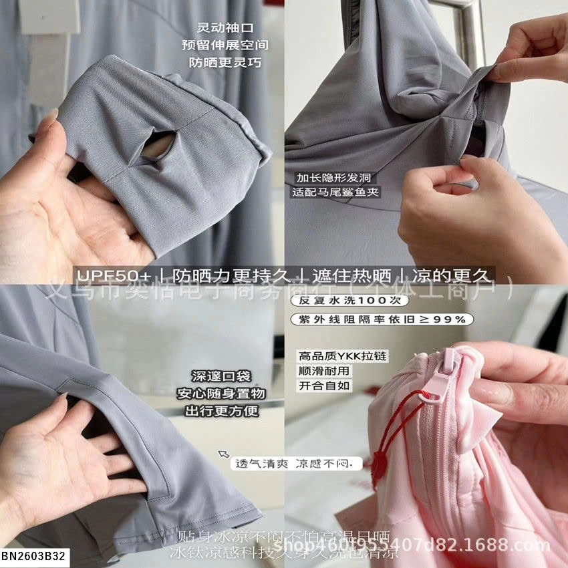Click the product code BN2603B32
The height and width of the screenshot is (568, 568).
tap(34, 555)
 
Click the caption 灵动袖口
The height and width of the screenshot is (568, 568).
tap(225, 28)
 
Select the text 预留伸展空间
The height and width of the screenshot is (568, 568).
tap(225, 45)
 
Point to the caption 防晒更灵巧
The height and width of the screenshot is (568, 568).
tap(225, 63)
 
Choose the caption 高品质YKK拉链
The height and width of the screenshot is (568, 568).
tap(342, 356)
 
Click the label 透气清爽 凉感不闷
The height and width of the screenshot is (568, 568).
tap(295, 463)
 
